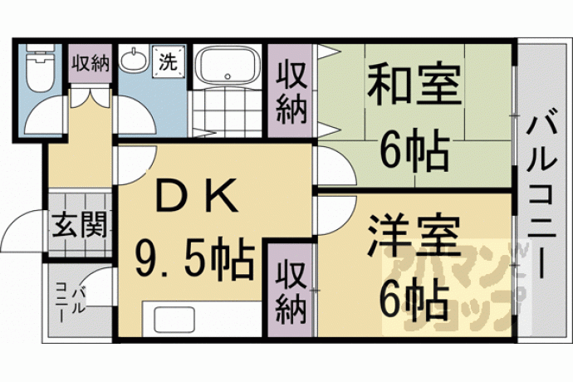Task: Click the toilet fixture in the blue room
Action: (40, 68)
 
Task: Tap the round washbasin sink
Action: (134, 59)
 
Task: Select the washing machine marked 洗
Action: (168, 61)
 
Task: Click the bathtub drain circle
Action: (228, 76)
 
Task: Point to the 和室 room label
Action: (413, 84)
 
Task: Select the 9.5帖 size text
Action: (194, 258)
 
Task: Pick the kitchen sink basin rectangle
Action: (174, 319)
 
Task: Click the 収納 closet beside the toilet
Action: (91, 63)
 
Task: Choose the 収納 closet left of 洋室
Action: (291, 290)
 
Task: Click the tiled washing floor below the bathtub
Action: (228, 112)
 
